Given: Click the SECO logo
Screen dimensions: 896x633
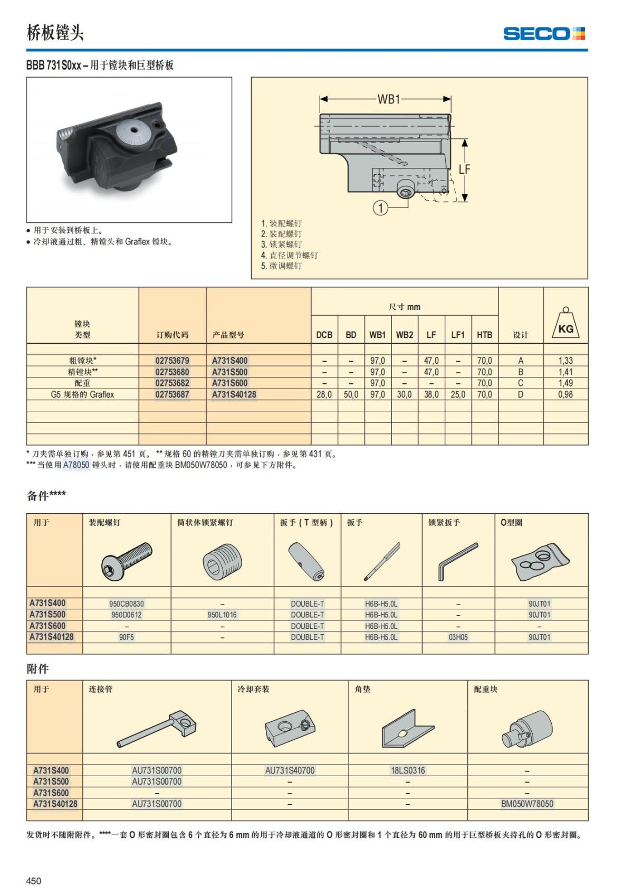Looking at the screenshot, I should pyautogui.click(x=544, y=34).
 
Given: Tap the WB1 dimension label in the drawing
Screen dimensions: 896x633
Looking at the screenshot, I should pyautogui.click(x=389, y=99).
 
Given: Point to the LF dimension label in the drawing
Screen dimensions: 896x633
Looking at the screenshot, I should pyautogui.click(x=464, y=169).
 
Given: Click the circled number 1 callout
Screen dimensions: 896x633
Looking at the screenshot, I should pyautogui.click(x=380, y=208).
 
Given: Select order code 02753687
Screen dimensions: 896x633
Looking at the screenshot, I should pyautogui.click(x=172, y=394).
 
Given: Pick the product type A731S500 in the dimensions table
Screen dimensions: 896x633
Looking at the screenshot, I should pyautogui.click(x=229, y=372).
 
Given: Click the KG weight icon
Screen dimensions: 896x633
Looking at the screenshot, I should pyautogui.click(x=565, y=323).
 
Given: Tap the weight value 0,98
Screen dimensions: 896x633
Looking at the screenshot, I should pyautogui.click(x=565, y=394).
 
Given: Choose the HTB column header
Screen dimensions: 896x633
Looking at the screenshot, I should pyautogui.click(x=484, y=335).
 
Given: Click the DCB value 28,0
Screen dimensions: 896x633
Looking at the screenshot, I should pyautogui.click(x=324, y=394).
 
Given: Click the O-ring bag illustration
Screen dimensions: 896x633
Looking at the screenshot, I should pyautogui.click(x=541, y=561).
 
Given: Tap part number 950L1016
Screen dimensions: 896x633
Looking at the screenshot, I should pyautogui.click(x=222, y=615).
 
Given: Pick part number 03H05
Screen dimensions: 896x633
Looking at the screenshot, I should pyautogui.click(x=458, y=637).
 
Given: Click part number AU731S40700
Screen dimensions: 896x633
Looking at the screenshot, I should pyautogui.click(x=290, y=771).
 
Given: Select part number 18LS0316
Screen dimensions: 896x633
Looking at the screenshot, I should pyautogui.click(x=408, y=771).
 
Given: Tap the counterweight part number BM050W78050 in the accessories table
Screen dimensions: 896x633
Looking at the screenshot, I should pyautogui.click(x=527, y=804).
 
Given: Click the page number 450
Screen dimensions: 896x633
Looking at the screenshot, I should pyautogui.click(x=34, y=881).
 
